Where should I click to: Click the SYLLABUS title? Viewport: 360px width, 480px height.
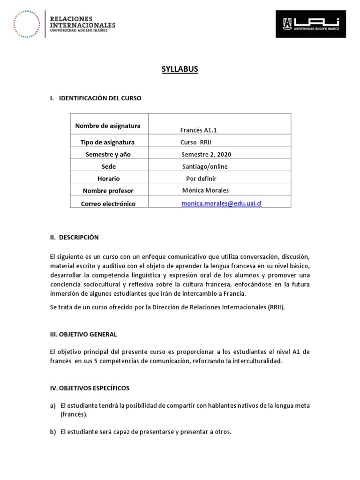[x=180, y=69]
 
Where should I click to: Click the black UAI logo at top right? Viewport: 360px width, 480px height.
[x=311, y=24]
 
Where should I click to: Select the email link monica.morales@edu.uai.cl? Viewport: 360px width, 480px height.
[x=221, y=204]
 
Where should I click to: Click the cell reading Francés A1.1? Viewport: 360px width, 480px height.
[x=199, y=130]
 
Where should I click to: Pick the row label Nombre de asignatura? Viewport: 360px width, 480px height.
[x=108, y=126]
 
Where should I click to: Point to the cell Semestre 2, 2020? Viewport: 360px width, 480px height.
[x=206, y=154]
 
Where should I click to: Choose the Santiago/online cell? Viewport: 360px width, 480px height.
[x=205, y=166]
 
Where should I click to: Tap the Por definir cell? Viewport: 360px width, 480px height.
[x=201, y=179]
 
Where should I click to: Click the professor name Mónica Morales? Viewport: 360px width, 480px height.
[x=205, y=190]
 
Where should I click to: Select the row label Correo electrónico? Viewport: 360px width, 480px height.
[x=108, y=204]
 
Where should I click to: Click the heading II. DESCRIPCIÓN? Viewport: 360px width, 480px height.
[x=74, y=237]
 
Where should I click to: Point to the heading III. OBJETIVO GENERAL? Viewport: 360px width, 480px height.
[x=83, y=334]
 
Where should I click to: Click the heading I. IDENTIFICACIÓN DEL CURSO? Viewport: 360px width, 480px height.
[x=95, y=98]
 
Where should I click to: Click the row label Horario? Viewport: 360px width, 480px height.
[x=108, y=179]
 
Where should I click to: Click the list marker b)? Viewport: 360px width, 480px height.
[x=53, y=432]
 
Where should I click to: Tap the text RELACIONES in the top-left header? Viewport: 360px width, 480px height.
[x=71, y=18]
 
